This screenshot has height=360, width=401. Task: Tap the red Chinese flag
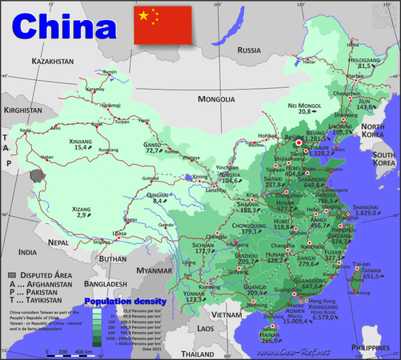tap(163, 25)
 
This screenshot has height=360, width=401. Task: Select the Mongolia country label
tap(217, 99)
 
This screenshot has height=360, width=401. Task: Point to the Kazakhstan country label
tap(53, 61)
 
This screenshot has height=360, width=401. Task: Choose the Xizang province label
tap(81, 209)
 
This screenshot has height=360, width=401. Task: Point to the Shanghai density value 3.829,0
tap(367, 213)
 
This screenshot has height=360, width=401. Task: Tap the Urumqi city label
tap(111, 105)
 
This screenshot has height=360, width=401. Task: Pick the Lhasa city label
tap(119, 234)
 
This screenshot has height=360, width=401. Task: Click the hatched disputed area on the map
tap(38, 175)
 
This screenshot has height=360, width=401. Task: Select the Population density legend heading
tap(125, 301)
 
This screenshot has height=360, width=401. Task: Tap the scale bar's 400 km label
tap(84, 351)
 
